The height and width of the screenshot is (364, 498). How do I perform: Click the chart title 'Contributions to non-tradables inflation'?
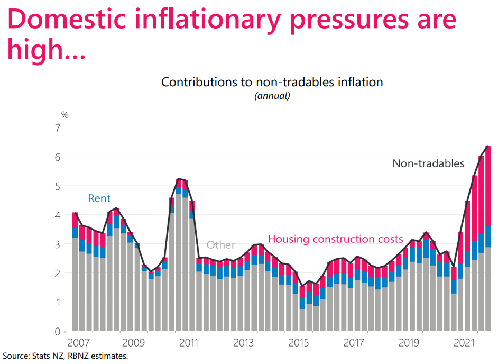pos(272,82)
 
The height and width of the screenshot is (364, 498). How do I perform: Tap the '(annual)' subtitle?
pos(272,96)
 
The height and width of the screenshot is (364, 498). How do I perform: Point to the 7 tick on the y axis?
pos(58,128)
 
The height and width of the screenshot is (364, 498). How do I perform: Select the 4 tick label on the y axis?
pos(58,215)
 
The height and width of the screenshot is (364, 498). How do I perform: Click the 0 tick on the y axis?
pos(58,332)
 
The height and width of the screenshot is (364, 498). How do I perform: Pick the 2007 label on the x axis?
pos(79,343)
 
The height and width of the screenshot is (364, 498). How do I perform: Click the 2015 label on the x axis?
pos(299,343)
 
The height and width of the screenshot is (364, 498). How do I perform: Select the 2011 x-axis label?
pos(189,343)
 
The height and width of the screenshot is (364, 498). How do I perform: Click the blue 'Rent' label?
pos(99,198)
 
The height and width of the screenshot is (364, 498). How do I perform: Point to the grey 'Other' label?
pos(221,245)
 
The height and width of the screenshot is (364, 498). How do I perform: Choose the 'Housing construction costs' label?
pos(336,239)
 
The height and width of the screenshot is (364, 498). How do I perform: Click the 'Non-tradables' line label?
pos(428,163)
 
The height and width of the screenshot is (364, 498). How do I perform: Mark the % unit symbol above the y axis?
pos(65,114)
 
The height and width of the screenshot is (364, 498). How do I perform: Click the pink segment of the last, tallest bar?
pos(488,185)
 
